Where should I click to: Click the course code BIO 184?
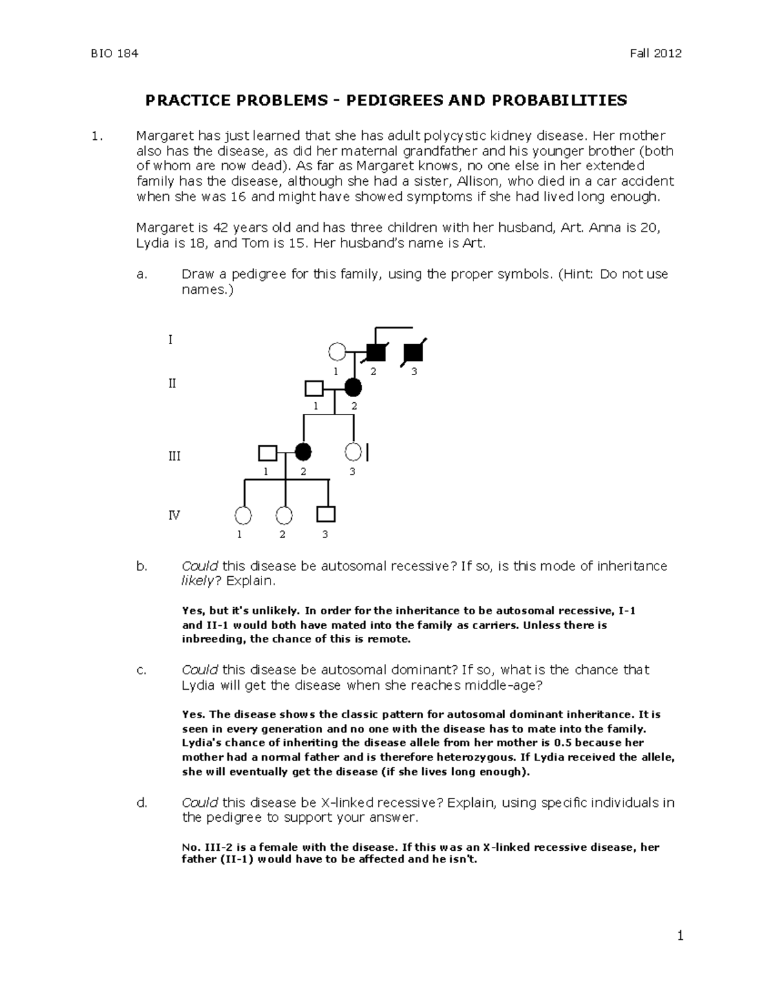point(114,53)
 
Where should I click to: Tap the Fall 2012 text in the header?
point(656,53)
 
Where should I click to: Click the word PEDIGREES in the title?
point(410,100)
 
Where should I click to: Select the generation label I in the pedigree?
point(170,339)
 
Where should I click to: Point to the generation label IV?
point(174,515)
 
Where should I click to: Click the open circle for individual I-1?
point(336,352)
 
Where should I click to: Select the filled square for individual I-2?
point(376,352)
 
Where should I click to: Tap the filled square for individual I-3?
point(413,352)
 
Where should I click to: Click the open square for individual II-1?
point(314,388)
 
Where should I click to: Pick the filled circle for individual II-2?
point(353,388)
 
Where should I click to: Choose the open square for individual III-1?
point(267,453)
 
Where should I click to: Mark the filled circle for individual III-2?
point(303,453)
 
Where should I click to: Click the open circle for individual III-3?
point(353,453)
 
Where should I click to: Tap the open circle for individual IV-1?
point(243,516)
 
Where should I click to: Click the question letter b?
point(141,566)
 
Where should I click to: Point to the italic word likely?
point(200,581)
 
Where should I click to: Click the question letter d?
point(141,802)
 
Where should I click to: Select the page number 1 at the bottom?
point(679,935)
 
